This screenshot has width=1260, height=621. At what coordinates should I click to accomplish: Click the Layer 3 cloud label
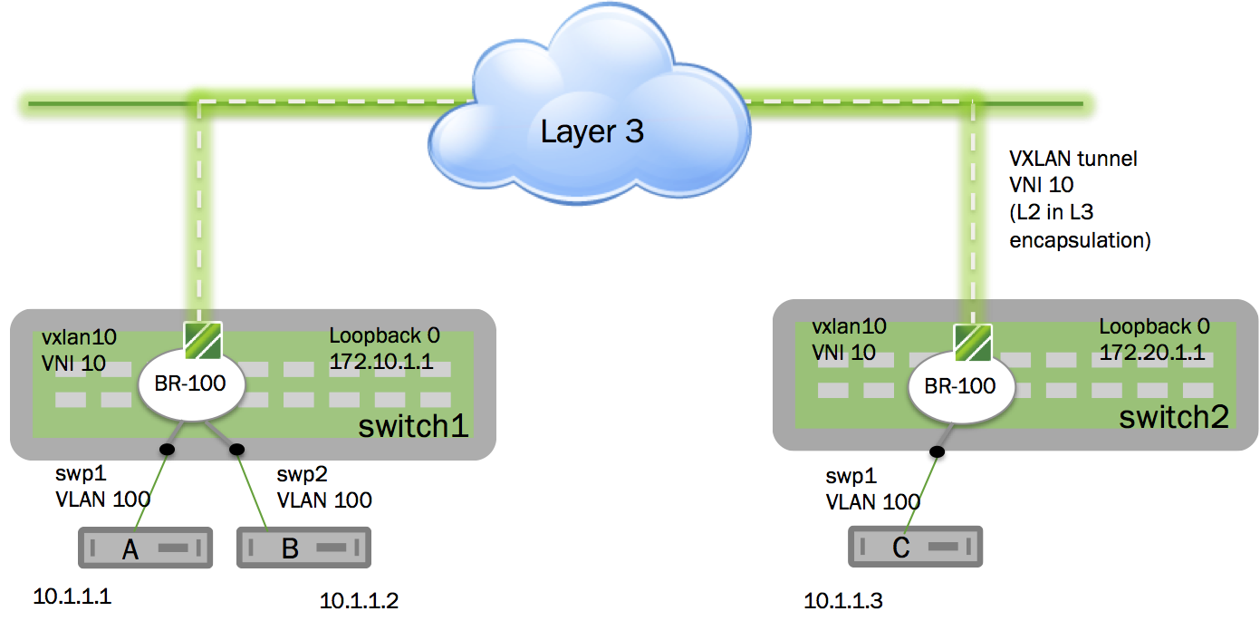click(592, 132)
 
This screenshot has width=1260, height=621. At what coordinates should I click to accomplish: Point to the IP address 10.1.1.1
click(77, 597)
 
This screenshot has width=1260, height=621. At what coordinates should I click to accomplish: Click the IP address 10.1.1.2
click(359, 600)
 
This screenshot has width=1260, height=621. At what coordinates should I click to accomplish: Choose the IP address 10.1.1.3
click(843, 600)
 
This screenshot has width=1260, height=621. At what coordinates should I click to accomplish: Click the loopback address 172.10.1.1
click(380, 364)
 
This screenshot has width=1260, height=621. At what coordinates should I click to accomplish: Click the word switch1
click(413, 426)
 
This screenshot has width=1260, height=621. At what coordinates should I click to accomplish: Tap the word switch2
click(1174, 417)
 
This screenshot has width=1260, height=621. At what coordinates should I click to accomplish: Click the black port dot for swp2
click(237, 449)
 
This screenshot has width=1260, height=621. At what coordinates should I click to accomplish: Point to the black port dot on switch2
click(938, 451)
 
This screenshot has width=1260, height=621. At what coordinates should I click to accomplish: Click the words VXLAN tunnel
click(1072, 160)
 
